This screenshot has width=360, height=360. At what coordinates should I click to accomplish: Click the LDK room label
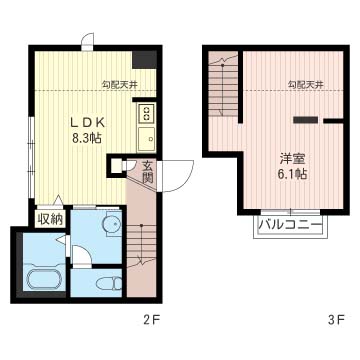(x=88, y=123)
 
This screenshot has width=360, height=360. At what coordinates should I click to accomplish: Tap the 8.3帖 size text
(x=87, y=138)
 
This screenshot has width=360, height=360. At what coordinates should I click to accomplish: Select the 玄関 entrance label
(x=147, y=172)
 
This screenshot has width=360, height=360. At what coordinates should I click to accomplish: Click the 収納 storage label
(x=50, y=219)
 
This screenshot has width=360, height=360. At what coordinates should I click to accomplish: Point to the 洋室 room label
(x=293, y=159)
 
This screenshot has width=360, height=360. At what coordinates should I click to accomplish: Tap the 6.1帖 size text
(x=293, y=174)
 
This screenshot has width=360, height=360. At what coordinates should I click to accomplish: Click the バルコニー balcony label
(x=291, y=225)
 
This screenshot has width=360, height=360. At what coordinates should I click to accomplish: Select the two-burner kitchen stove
(x=146, y=112)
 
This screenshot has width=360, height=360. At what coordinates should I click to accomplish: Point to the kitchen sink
(x=146, y=139)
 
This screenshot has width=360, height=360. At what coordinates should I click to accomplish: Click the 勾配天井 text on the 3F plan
(x=306, y=85)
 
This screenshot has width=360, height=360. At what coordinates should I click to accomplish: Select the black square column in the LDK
(x=145, y=60)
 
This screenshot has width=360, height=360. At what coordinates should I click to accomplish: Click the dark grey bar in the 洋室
(x=305, y=120)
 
